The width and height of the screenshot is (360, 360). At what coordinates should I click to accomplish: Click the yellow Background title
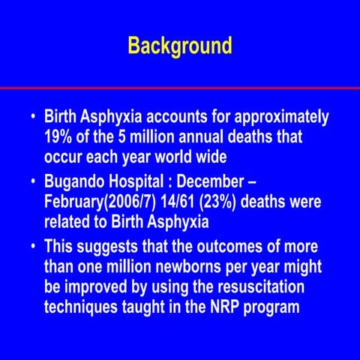(180, 46)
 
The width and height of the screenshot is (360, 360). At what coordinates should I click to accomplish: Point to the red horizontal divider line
(180, 88)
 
